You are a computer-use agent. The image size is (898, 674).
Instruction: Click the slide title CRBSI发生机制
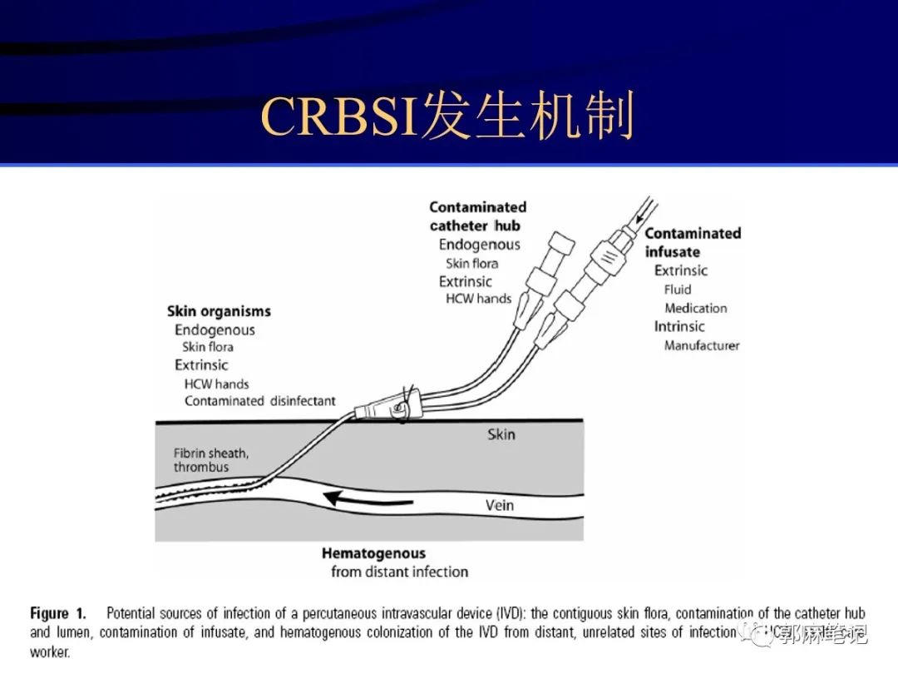click(x=448, y=116)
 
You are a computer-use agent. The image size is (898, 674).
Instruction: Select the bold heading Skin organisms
click(x=219, y=311)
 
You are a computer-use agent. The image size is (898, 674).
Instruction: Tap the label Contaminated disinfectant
click(x=259, y=401)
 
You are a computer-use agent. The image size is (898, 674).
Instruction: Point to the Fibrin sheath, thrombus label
click(x=211, y=460)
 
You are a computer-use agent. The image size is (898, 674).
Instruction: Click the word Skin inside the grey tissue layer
click(x=501, y=434)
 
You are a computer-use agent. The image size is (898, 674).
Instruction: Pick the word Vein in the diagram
click(x=500, y=505)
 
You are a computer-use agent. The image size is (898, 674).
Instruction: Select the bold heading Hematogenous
click(x=373, y=553)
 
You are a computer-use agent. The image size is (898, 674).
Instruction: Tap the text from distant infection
click(x=399, y=572)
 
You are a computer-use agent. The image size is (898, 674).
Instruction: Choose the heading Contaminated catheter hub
click(x=477, y=216)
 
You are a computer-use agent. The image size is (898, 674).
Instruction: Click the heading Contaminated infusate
click(x=692, y=242)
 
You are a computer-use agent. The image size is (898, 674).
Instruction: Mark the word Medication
click(x=695, y=308)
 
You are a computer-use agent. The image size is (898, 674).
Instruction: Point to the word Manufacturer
click(x=701, y=345)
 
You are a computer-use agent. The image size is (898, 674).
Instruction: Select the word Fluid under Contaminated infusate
click(x=677, y=290)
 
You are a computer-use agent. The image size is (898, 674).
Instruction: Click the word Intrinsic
click(x=678, y=326)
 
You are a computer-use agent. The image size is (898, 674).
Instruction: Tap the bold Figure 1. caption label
click(x=57, y=614)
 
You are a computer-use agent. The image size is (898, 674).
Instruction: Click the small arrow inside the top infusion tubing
click(x=639, y=218)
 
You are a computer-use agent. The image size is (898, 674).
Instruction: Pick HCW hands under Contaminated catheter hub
click(x=478, y=299)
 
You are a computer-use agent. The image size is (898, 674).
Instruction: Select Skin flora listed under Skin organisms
click(x=207, y=347)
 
